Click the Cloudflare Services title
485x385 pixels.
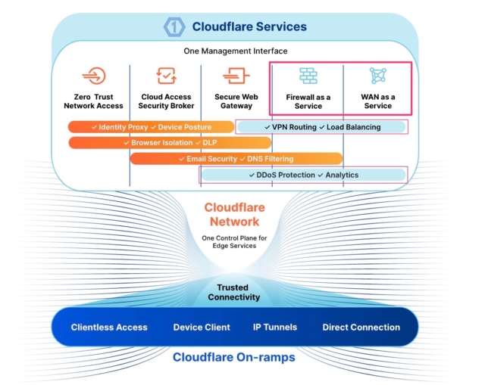[x=249, y=26]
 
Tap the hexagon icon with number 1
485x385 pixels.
[x=175, y=27]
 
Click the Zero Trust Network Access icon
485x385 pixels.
[x=93, y=76]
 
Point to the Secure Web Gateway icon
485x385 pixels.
[x=236, y=76]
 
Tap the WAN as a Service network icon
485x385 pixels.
[x=377, y=76]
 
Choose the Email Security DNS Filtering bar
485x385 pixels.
[x=235, y=159]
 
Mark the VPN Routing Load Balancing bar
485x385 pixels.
[x=321, y=126]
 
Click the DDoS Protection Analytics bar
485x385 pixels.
[x=303, y=175]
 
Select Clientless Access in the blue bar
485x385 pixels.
[x=109, y=328]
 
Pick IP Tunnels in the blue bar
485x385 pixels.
[x=274, y=328]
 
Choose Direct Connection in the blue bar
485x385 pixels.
[x=361, y=328]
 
